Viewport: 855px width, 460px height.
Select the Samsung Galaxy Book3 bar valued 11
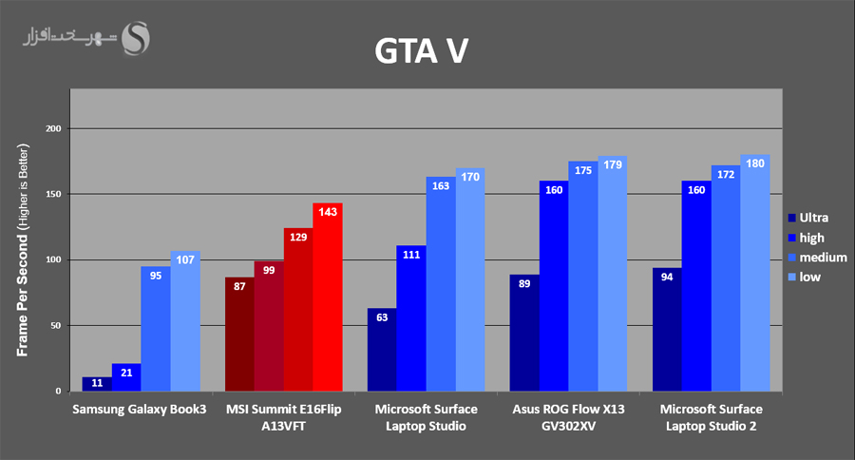97,384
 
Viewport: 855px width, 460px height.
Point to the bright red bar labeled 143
327,297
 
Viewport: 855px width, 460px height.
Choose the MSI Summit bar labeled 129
298,309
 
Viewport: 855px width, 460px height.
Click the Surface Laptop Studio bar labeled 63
382,350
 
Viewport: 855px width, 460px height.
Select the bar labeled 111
411,318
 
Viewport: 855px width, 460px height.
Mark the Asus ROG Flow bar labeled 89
524,333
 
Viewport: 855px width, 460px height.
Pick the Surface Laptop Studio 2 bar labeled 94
667,329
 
